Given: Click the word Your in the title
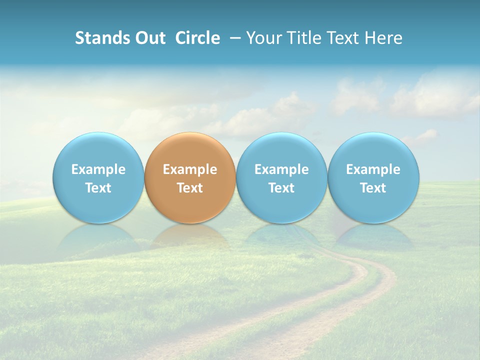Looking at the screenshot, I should click(x=264, y=38).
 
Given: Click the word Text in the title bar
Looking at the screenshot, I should click(x=343, y=38).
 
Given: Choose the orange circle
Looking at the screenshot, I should click(x=190, y=177).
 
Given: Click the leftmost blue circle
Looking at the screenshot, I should click(x=98, y=177).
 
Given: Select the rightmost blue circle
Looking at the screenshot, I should click(x=373, y=177).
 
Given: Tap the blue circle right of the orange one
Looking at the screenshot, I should click(x=281, y=177).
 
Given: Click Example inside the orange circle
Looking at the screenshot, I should click(x=190, y=169).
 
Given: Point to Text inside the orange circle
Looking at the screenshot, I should click(x=190, y=188).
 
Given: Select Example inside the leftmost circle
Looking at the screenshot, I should click(x=98, y=169).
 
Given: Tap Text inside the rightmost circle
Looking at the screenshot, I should click(x=373, y=188).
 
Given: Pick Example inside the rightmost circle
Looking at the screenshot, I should click(x=373, y=169).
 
